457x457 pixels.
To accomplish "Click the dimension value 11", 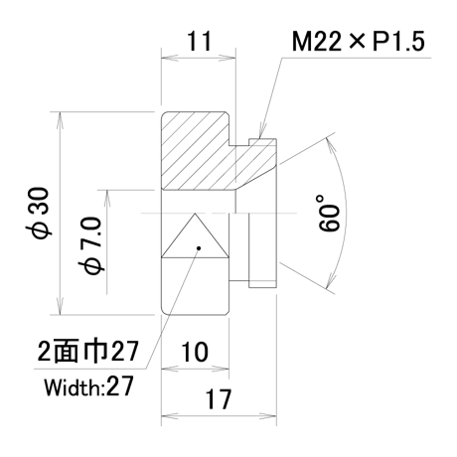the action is [199, 41].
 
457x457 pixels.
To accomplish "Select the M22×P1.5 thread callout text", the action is [359, 42].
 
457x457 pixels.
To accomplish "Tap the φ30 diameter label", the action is [39, 213].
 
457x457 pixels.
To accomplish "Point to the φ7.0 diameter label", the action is [91, 245].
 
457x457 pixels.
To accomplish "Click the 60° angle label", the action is [329, 213].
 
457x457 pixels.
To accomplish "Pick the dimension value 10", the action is [195, 352].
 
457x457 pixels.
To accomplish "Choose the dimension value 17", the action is [219, 399].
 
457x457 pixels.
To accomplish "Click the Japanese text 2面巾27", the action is [87, 351].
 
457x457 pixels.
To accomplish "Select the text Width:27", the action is [89, 386].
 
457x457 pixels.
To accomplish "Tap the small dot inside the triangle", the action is [199, 247].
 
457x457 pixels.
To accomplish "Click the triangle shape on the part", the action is [195, 235].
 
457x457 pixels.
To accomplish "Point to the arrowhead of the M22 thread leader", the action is [261, 133].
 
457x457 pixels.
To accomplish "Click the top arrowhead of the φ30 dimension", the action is [60, 118].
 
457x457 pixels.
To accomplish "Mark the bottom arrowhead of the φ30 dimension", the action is [60, 309].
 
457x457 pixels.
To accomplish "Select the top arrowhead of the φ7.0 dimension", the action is [106, 198].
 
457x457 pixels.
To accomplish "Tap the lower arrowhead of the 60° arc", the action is [330, 280].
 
